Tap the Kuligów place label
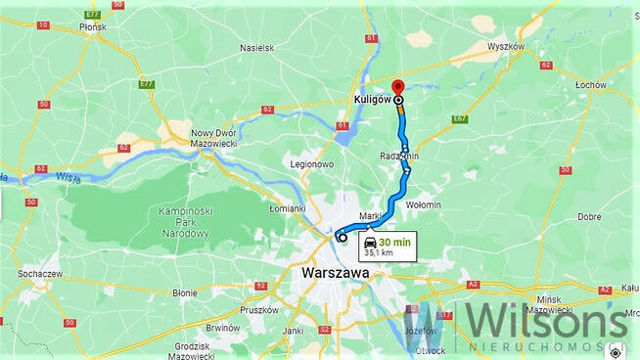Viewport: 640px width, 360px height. [372, 99]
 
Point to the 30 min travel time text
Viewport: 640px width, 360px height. [395, 242]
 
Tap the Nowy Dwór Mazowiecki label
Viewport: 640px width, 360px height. [214, 138]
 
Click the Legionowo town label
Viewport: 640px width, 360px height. [312, 164]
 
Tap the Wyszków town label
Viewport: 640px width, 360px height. [505, 46]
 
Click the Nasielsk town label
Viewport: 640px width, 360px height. [257, 46]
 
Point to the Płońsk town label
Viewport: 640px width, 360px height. [92, 27]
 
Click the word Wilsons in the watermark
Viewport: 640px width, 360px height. [544, 321]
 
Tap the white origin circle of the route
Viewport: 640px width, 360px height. [342, 237]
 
